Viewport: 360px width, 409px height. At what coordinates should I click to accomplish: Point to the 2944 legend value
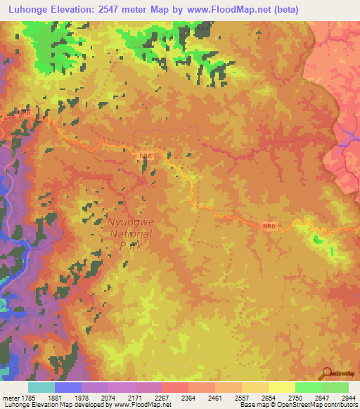pyautogui.click(x=349, y=397)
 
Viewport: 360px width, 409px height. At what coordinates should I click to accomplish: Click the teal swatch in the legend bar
pyautogui.click(x=41, y=387)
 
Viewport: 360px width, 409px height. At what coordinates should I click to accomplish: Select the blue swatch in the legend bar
pyautogui.click(x=68, y=387)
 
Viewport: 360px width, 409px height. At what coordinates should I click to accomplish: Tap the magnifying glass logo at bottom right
pyautogui.click(x=328, y=374)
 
